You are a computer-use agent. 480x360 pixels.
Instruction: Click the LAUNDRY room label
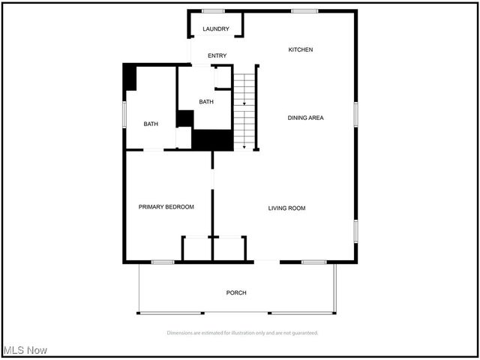(x=216, y=29)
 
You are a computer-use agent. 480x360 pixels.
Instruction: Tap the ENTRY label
(x=217, y=55)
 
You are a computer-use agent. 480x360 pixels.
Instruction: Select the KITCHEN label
(x=301, y=49)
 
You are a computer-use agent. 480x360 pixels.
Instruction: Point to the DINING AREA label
(x=306, y=118)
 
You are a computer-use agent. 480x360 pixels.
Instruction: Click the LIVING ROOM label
(x=286, y=208)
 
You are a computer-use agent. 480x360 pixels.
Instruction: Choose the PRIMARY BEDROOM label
(x=166, y=207)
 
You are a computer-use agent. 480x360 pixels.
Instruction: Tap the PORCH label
(x=236, y=292)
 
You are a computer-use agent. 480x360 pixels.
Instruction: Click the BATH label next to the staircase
(x=206, y=102)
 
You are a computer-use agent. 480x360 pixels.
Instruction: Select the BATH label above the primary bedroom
(x=151, y=124)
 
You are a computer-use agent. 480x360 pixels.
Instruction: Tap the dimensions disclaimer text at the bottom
(x=242, y=332)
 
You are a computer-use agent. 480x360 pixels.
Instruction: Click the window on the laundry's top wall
(x=213, y=10)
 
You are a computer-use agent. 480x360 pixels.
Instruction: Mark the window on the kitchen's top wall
(x=303, y=10)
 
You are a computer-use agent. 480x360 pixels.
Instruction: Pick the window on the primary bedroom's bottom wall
(x=163, y=262)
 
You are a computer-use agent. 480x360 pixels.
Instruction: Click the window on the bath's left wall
(x=124, y=116)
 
